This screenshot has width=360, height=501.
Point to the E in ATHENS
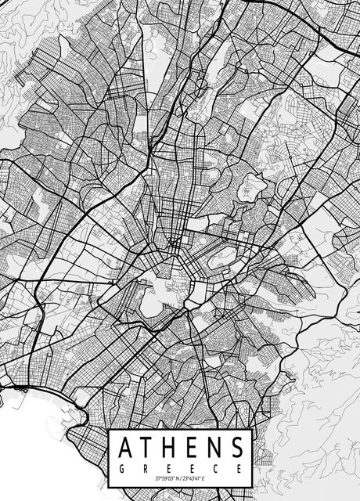193,449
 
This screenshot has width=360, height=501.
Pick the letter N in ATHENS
214,449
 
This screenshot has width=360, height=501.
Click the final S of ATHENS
236,449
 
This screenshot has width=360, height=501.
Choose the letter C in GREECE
215,467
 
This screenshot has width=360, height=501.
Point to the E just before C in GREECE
192,467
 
